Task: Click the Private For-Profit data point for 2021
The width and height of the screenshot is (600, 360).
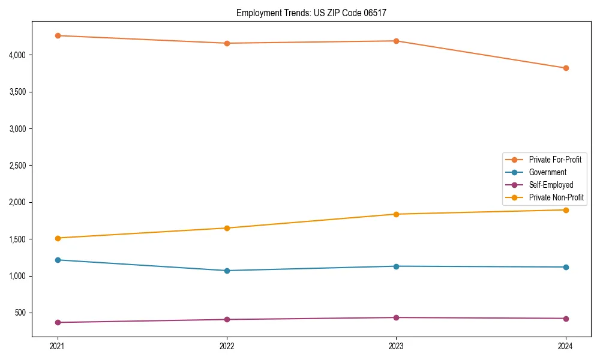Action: pos(58,35)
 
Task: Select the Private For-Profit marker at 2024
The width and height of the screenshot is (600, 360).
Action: pos(566,68)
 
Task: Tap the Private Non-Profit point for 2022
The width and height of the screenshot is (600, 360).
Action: pos(227,228)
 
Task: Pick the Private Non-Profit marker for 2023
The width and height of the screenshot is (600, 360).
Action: pos(397,214)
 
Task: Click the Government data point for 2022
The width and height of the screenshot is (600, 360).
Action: pos(227,271)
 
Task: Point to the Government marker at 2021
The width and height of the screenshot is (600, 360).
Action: pos(58,260)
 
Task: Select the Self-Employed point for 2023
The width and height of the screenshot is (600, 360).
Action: pos(397,317)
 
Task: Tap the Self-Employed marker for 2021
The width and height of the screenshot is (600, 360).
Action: pos(58,323)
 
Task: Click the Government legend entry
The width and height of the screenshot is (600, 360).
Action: pos(547,172)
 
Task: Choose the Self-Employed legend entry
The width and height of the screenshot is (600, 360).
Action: pos(551,185)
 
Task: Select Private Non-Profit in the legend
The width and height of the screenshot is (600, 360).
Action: pos(556,197)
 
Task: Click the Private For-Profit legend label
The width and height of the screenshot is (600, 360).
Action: pos(555,160)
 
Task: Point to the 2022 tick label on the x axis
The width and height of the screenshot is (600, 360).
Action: pos(227,346)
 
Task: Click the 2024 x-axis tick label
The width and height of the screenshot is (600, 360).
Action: pos(566,346)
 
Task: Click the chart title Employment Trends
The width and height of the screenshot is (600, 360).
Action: pos(273,13)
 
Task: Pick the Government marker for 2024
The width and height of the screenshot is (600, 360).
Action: pos(566,267)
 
